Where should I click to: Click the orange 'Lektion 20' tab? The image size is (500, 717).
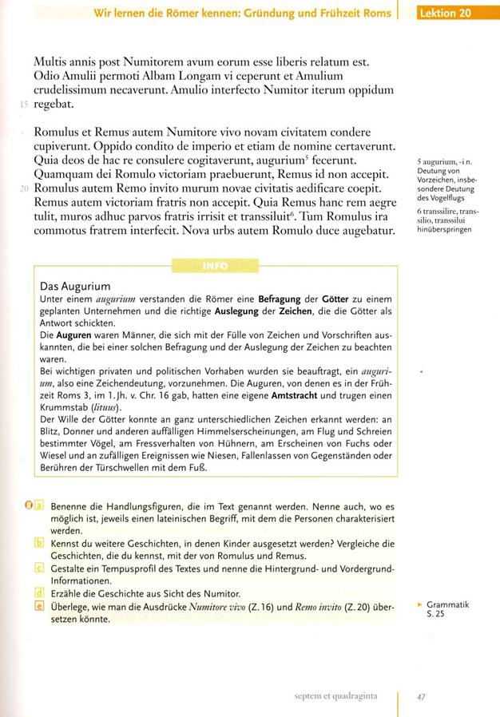click(x=451, y=13)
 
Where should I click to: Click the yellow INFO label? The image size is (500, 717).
click(x=216, y=266)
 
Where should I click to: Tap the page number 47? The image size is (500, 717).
click(x=423, y=696)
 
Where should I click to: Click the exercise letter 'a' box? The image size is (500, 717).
click(x=38, y=505)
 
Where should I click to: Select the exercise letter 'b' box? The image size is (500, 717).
click(x=38, y=542)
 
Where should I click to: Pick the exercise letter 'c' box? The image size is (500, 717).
click(x=38, y=568)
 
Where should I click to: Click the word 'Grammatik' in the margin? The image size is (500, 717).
click(x=447, y=604)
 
